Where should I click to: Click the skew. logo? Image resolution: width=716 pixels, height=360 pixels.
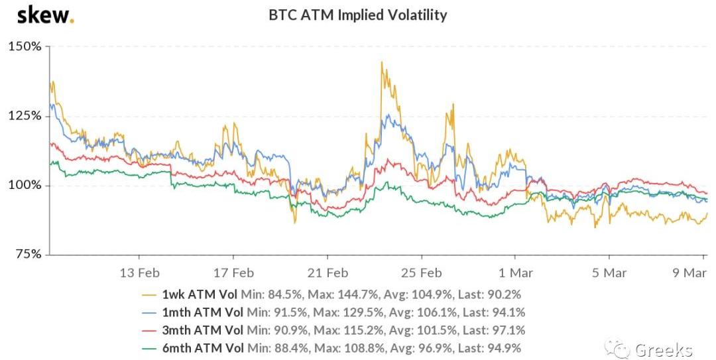(x=45, y=15)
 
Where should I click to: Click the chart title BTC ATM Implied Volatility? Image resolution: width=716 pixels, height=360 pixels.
(x=357, y=15)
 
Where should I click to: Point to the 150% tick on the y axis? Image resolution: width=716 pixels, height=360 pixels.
(x=25, y=47)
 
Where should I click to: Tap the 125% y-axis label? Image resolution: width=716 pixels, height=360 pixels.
(x=25, y=116)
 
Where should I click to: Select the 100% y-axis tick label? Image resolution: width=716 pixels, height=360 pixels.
(x=25, y=185)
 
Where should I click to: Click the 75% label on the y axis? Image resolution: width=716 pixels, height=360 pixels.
(x=29, y=254)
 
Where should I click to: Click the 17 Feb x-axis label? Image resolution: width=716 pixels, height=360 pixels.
(x=234, y=272)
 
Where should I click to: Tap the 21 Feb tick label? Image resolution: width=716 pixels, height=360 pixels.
(x=328, y=272)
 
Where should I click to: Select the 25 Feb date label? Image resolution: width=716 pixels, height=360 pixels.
(x=422, y=272)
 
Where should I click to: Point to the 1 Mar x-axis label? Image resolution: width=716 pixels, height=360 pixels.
(x=516, y=272)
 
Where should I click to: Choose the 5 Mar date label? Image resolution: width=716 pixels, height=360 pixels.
(x=610, y=272)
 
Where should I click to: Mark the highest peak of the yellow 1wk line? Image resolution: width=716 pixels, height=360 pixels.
(x=382, y=62)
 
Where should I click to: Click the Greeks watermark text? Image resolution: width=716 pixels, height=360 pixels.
(x=664, y=349)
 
